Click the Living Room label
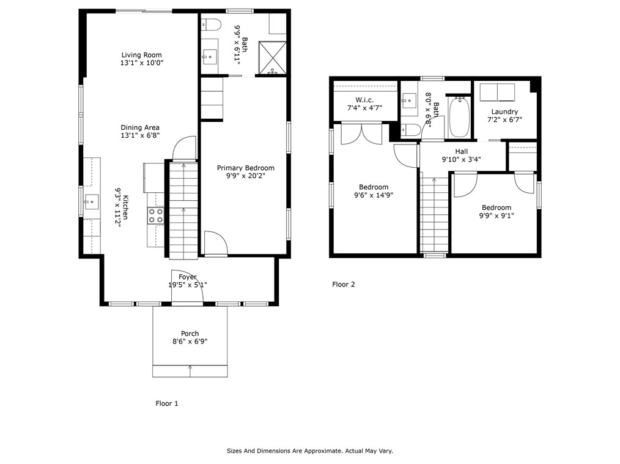click(x=142, y=55)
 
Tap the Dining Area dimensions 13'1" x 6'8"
click(x=140, y=136)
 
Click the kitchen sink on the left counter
click(x=92, y=200)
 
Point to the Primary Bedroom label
click(x=246, y=168)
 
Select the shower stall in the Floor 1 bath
click(x=272, y=56)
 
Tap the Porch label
click(x=190, y=334)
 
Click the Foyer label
click(x=188, y=277)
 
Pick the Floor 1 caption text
click(x=167, y=403)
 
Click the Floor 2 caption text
click(x=343, y=284)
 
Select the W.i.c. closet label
click(x=364, y=100)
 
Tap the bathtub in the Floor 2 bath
click(x=459, y=118)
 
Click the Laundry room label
click(x=504, y=111)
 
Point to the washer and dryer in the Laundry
click(x=497, y=92)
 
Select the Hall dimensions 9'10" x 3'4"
click(x=462, y=160)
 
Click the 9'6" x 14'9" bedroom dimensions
click(x=373, y=195)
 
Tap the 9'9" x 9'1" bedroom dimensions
click(x=496, y=215)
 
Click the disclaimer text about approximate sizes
click(x=309, y=451)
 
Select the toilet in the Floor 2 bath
click(x=411, y=129)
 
